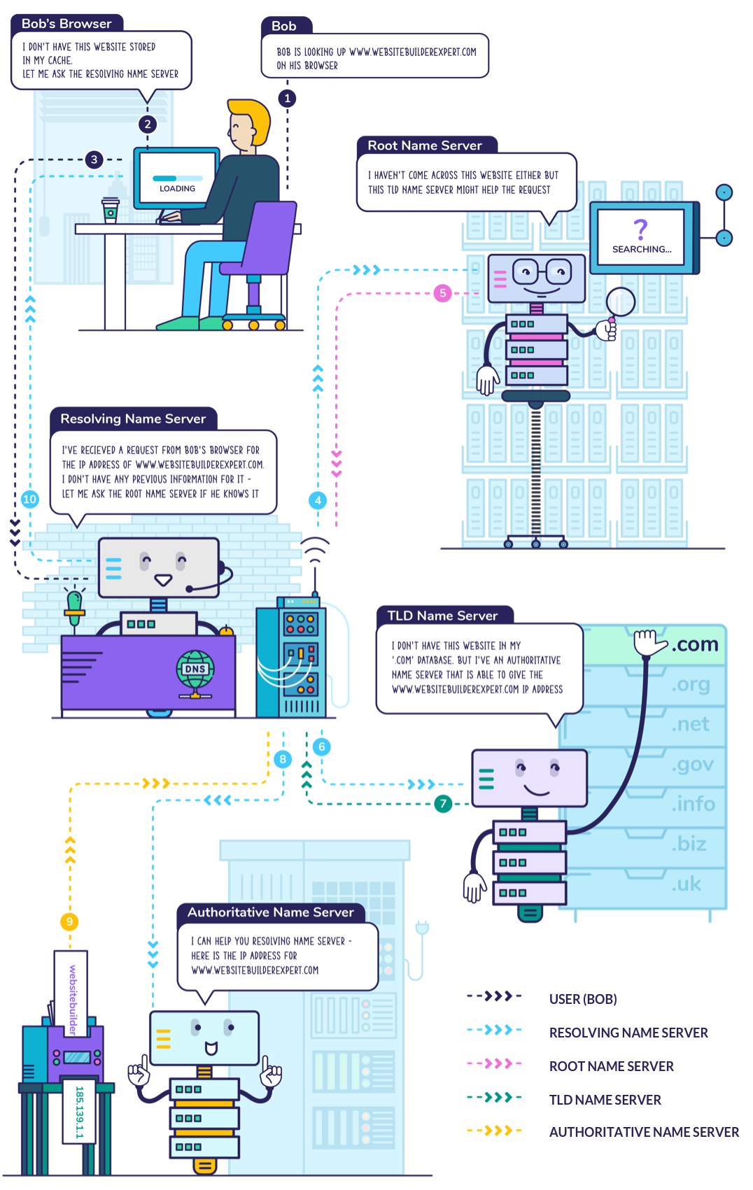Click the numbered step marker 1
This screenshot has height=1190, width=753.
(x=287, y=98)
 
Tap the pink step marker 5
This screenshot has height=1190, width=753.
(x=442, y=293)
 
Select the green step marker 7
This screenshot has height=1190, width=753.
(x=443, y=804)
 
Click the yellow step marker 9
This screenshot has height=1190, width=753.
(x=69, y=921)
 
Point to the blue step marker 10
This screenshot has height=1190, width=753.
(x=29, y=499)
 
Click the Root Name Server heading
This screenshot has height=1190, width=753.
(x=425, y=146)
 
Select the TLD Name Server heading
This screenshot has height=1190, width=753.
(x=442, y=616)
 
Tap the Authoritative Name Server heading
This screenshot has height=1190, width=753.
(x=271, y=912)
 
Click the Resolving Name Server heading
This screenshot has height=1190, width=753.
(x=133, y=418)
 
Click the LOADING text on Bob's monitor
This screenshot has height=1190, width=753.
(x=177, y=188)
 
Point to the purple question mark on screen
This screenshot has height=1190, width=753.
(x=640, y=229)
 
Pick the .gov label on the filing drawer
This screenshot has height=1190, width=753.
(x=692, y=764)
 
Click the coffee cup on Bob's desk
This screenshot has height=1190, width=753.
(x=110, y=211)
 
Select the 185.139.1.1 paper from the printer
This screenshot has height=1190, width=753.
(x=79, y=1112)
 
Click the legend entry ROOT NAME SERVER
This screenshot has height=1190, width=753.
(x=611, y=1066)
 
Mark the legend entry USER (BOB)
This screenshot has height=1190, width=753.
(x=583, y=999)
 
